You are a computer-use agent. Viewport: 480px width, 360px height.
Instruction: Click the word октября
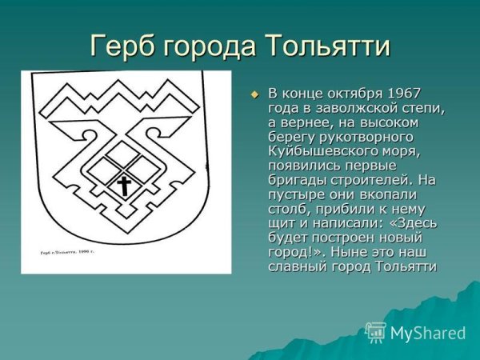tap(352, 95)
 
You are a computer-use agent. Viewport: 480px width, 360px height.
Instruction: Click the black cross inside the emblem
tap(124, 187)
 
